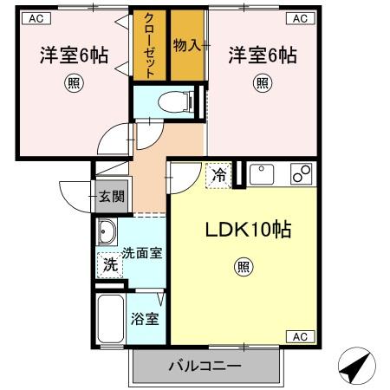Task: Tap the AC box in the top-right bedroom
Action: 299,17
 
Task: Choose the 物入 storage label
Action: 186,44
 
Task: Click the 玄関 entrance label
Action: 110,197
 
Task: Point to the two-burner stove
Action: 302,174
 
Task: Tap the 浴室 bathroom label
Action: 145,319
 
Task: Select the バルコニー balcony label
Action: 204,367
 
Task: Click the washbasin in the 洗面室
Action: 107,232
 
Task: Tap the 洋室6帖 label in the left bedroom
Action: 74,55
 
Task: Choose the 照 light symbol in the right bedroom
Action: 262,84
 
